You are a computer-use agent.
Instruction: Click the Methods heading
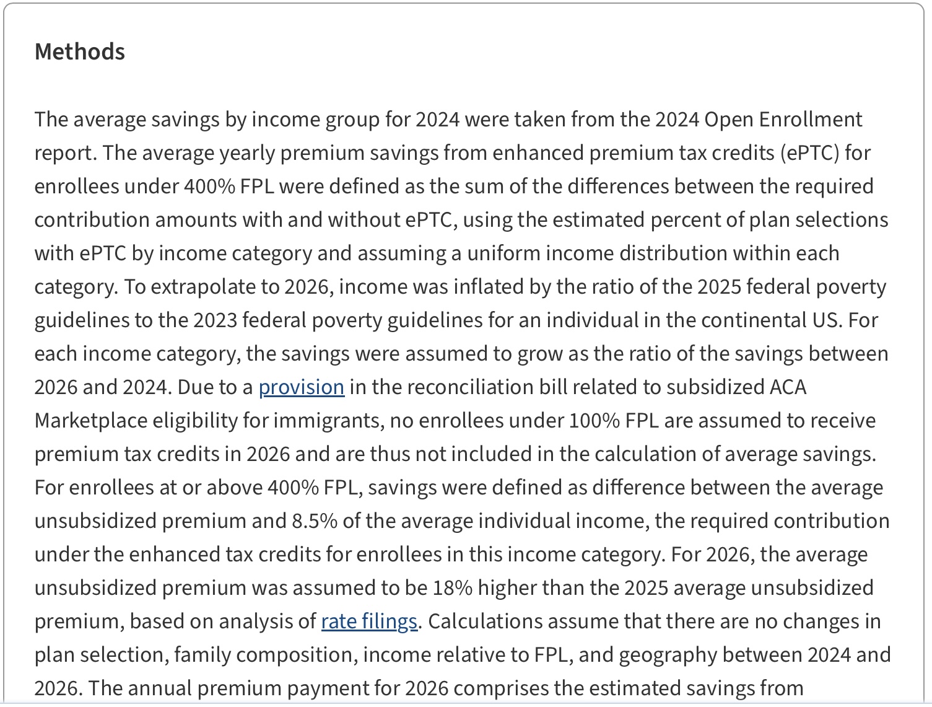click(80, 51)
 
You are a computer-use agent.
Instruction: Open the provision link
click(301, 387)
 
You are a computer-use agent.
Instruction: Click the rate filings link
click(369, 621)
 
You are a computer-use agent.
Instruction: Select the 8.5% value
click(315, 521)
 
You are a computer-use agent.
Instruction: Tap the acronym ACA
click(788, 387)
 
